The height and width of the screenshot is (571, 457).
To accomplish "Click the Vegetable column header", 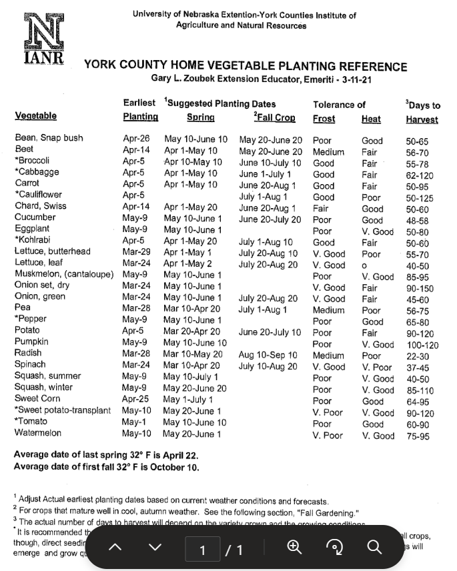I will [35, 115].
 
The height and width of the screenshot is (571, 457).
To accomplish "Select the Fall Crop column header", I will [274, 117].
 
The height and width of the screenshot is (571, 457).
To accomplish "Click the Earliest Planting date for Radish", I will [136, 353].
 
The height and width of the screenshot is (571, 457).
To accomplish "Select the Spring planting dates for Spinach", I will [191, 365].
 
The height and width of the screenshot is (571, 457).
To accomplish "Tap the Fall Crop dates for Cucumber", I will [270, 219].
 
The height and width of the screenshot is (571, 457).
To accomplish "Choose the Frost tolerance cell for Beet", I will [328, 151].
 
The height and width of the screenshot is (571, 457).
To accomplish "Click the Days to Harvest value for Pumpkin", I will [422, 345].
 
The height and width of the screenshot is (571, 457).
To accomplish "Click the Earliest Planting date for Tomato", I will [135, 422].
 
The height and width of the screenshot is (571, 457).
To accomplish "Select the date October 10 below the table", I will [175, 467].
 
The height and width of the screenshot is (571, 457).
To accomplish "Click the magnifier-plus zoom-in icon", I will [294, 547].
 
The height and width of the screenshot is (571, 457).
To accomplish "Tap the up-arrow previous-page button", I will [115, 548].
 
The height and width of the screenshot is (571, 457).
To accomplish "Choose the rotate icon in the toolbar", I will [334, 547].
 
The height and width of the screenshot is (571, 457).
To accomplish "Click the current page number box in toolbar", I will [203, 549].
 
